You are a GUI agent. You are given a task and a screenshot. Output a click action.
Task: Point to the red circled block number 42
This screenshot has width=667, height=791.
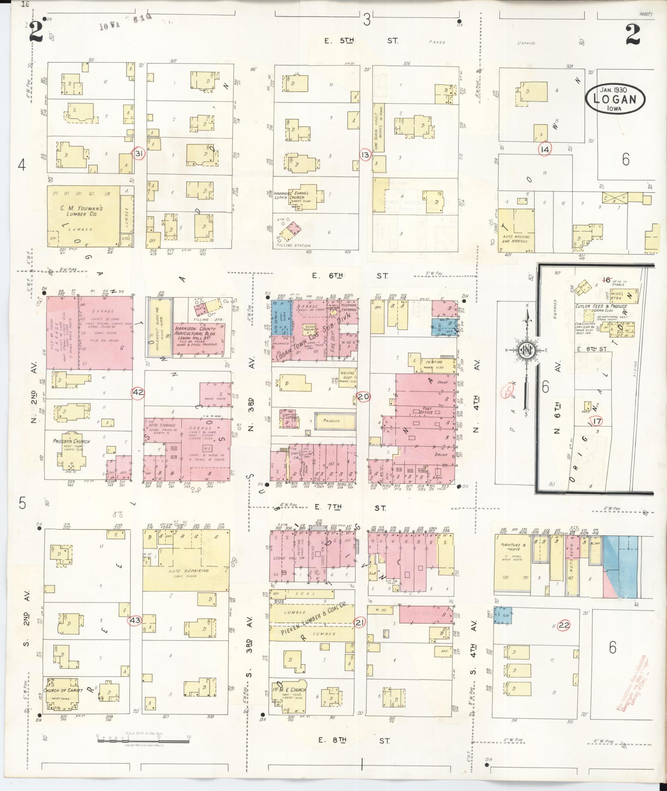click(x=138, y=392)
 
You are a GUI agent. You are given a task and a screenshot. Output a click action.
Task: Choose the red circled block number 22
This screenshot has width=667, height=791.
click(x=563, y=625)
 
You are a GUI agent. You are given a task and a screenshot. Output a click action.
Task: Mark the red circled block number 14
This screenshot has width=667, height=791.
click(x=545, y=150)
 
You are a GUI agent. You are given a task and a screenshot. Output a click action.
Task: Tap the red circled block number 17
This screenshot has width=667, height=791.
click(x=596, y=421)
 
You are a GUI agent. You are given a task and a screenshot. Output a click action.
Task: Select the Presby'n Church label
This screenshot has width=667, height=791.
click(x=72, y=441)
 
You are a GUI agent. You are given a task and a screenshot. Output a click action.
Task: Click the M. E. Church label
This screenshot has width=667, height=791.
click(x=291, y=689)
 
